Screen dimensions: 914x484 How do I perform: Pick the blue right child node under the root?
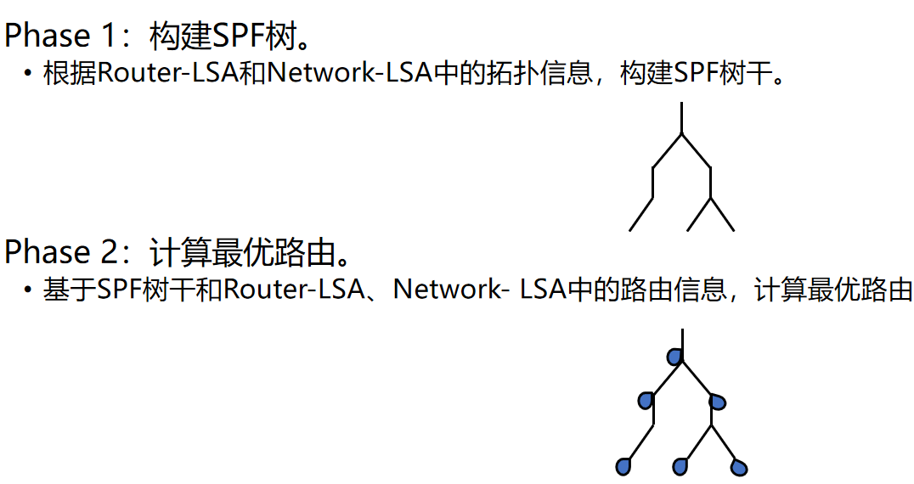point(718,401)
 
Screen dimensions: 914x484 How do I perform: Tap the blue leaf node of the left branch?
point(623,466)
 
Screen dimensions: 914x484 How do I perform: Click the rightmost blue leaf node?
point(739,467)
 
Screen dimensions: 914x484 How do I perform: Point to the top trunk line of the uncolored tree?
point(681,117)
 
